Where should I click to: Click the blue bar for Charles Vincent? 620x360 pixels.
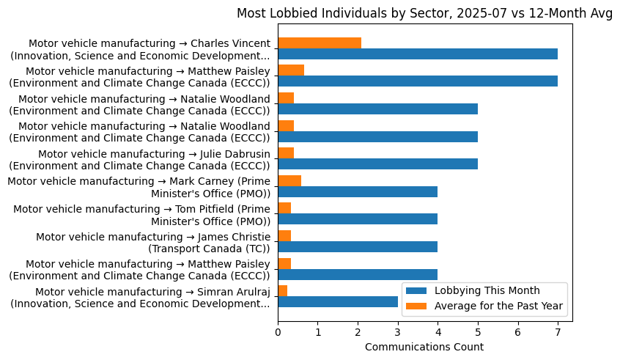[x=417, y=54]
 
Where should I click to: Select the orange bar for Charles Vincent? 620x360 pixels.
[x=319, y=43]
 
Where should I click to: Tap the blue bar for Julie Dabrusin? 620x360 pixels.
[x=377, y=164]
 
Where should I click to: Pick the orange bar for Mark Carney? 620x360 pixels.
[x=289, y=180]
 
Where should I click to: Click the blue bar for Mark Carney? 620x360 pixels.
[x=358, y=191]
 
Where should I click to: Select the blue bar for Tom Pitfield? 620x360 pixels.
[x=358, y=219]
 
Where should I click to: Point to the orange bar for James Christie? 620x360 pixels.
[x=284, y=235]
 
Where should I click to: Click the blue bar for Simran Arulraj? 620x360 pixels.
[x=337, y=302]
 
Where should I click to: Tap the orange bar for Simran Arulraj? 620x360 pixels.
[x=282, y=291]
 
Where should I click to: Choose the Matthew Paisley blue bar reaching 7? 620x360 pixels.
[x=417, y=81]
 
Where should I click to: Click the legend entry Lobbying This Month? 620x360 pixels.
[x=487, y=290]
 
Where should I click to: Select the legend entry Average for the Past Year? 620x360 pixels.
[x=498, y=305]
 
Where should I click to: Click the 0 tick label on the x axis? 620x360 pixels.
[x=278, y=332]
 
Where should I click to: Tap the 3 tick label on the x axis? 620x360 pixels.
[x=398, y=332]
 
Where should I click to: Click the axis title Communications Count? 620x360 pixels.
[x=424, y=347]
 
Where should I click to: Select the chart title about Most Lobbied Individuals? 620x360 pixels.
[x=424, y=14]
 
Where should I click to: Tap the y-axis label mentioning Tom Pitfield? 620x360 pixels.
[x=142, y=215]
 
